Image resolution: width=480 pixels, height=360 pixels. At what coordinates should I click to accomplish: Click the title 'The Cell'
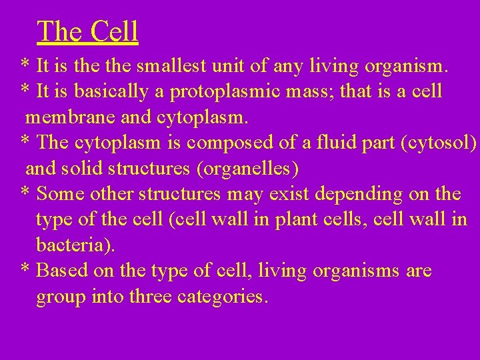[87, 31]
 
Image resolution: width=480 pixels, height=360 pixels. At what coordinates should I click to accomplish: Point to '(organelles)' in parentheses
[243, 169]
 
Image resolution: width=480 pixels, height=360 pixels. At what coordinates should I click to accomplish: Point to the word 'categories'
[223, 297]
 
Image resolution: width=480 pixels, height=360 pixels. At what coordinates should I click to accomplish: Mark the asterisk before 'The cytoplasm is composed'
[25, 143]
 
